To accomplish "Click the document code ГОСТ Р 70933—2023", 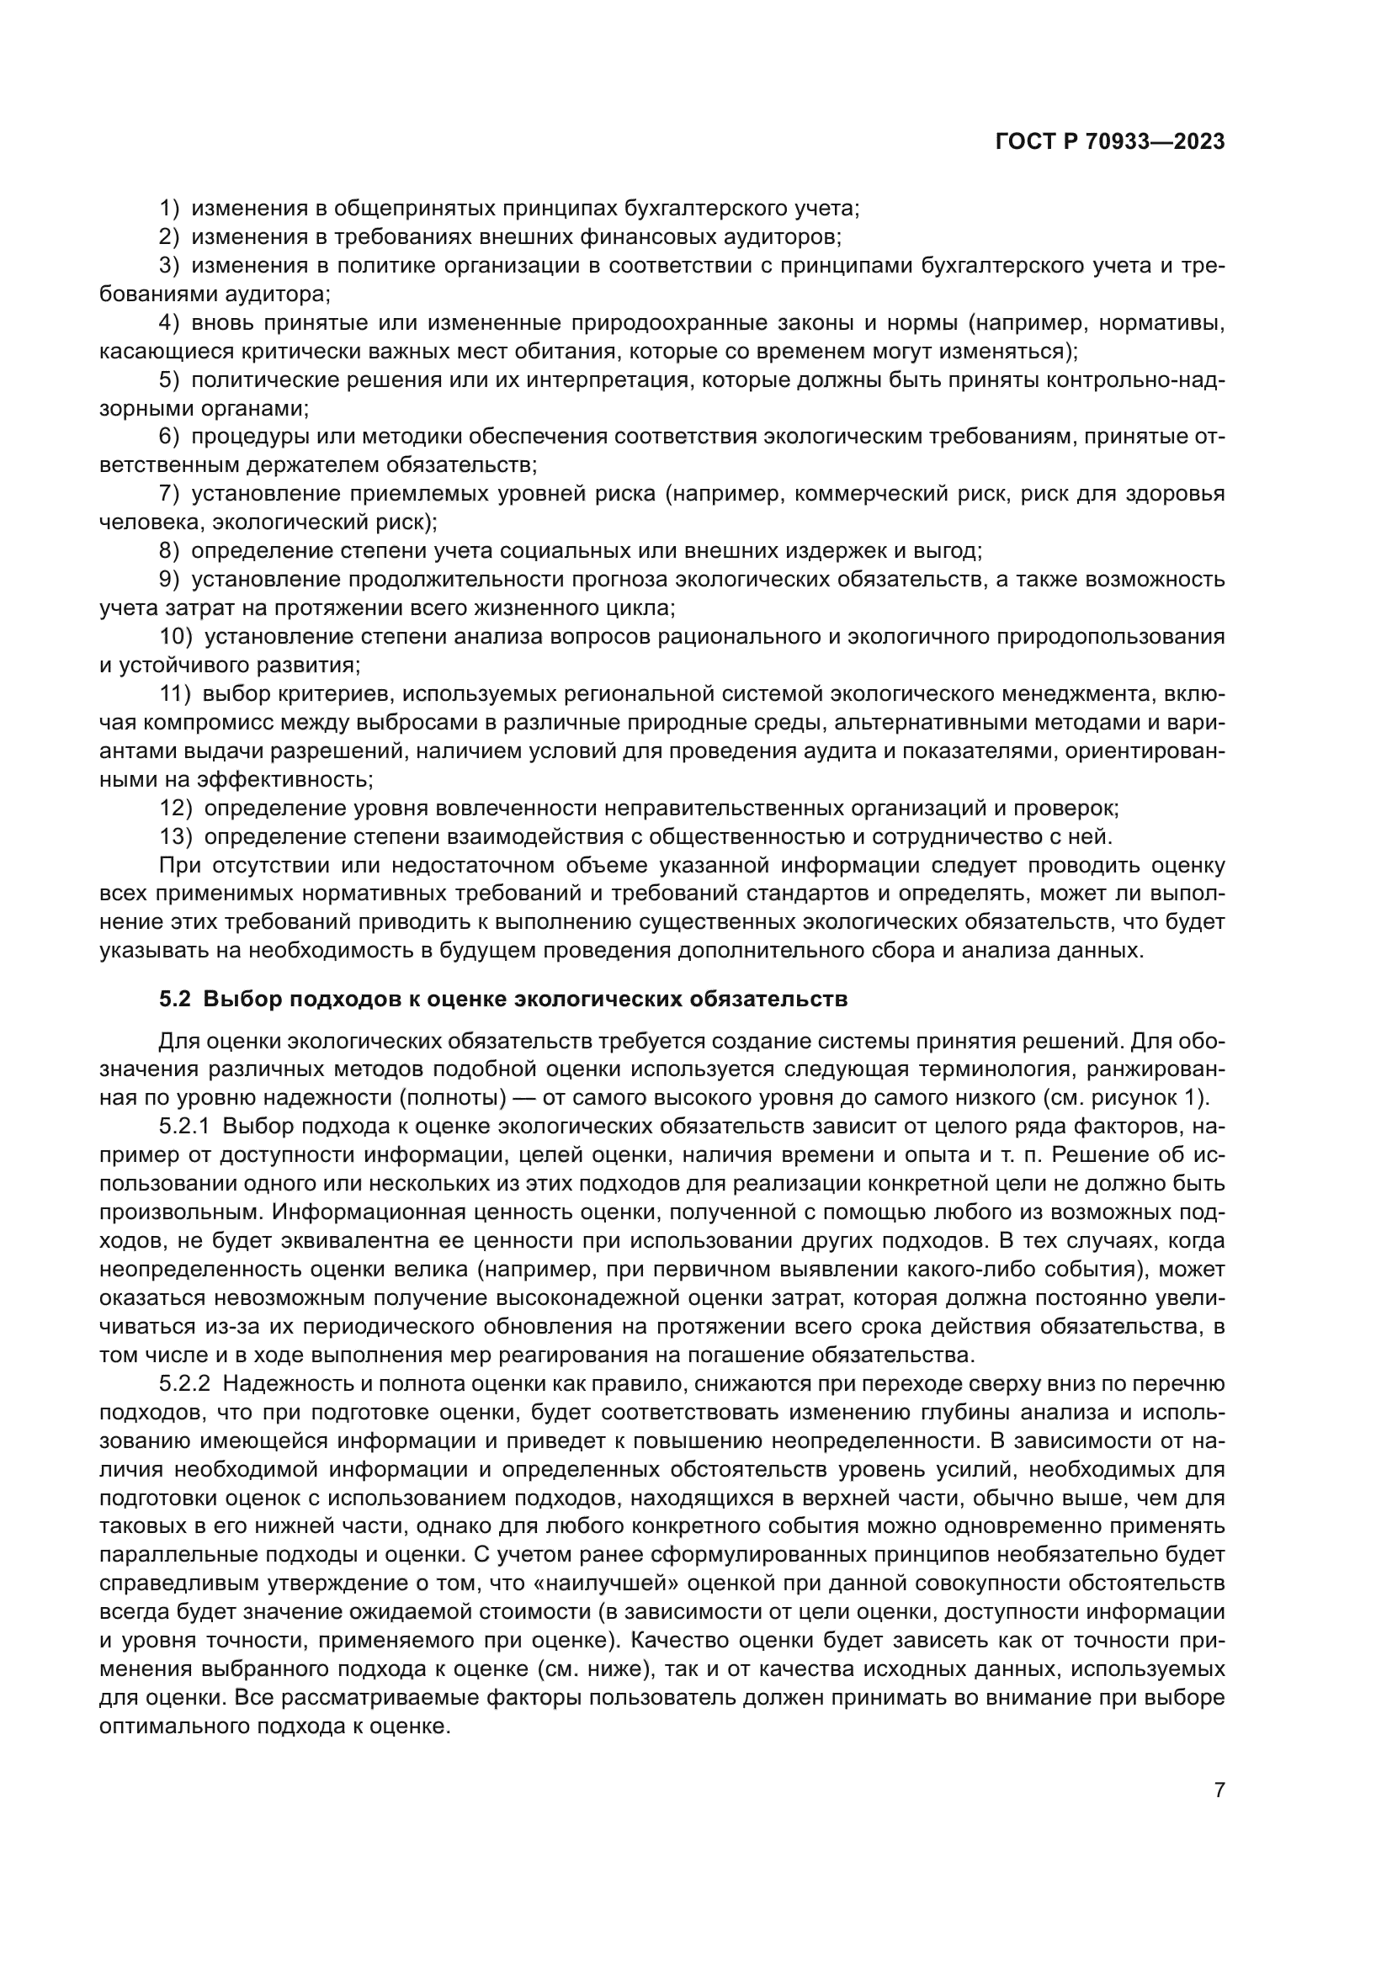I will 1110,142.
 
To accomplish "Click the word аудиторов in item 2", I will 787,236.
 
